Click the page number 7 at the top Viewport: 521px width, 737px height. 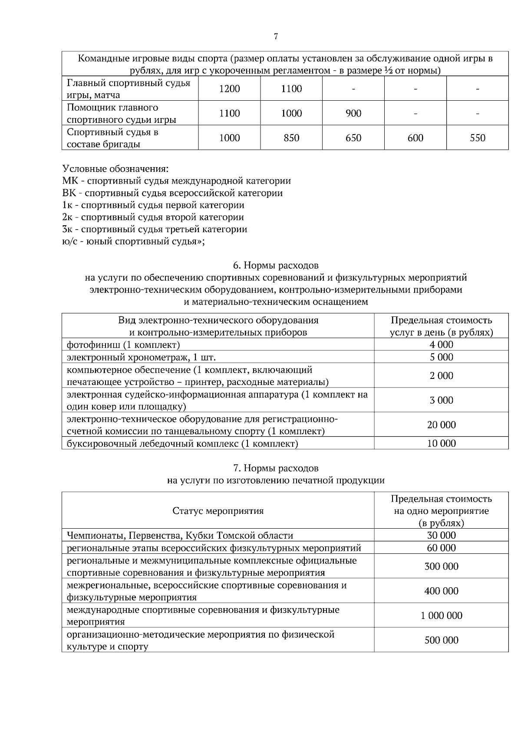pos(276,36)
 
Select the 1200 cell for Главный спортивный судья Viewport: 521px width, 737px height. pos(229,89)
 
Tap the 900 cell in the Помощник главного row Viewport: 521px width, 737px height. pos(353,113)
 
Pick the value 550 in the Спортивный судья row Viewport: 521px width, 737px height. pos(477,138)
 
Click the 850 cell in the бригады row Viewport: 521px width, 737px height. pos(291,138)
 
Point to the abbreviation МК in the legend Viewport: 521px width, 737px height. pos(70,181)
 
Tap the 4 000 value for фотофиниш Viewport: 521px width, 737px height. pos(441,345)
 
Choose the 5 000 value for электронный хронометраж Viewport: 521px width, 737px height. pos(441,357)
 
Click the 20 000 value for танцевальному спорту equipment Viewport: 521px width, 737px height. pos(441,424)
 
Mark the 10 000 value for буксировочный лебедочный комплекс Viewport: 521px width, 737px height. pos(441,443)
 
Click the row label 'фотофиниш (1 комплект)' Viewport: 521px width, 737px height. pos(123,345)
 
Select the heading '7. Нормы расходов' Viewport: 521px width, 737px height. pos(276,468)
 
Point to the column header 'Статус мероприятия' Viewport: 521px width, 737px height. pos(218,510)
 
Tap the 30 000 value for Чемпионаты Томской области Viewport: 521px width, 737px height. pos(441,535)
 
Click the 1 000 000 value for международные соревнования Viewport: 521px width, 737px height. pos(441,615)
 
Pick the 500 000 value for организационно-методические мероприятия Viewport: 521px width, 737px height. pos(441,640)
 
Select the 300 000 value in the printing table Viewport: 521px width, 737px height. pos(441,566)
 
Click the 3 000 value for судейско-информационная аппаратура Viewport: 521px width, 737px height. pos(441,400)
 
